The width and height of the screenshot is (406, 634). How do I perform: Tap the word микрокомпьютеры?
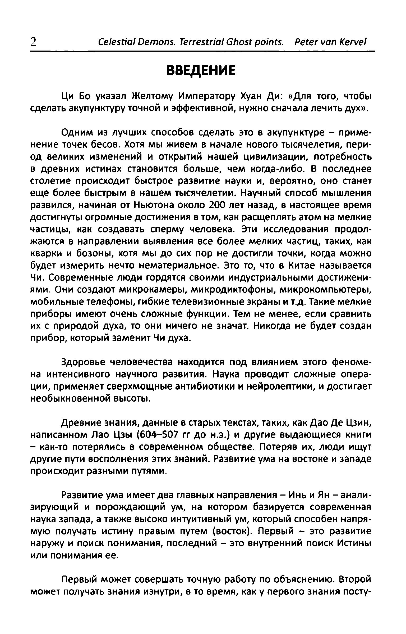(x=325, y=290)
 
